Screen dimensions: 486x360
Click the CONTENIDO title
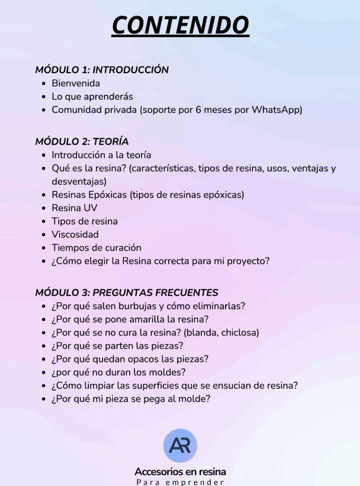coord(180,25)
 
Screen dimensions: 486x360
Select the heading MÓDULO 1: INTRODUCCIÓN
coord(102,70)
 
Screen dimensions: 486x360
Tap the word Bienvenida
coord(76,84)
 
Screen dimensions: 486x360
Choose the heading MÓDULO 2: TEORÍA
coord(82,141)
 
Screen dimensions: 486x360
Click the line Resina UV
coord(75,208)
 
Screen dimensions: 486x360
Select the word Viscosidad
coord(75,234)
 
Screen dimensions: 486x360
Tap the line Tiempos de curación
coord(96,248)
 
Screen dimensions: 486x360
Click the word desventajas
coord(78,181)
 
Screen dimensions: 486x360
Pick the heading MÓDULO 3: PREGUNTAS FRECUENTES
coord(127,292)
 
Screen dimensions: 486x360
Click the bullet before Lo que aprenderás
coord(43,97)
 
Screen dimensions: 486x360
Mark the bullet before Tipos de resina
coord(43,222)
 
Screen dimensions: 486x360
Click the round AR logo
coord(180,446)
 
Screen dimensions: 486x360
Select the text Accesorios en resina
coord(180,472)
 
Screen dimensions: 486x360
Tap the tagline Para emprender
coord(180,482)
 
